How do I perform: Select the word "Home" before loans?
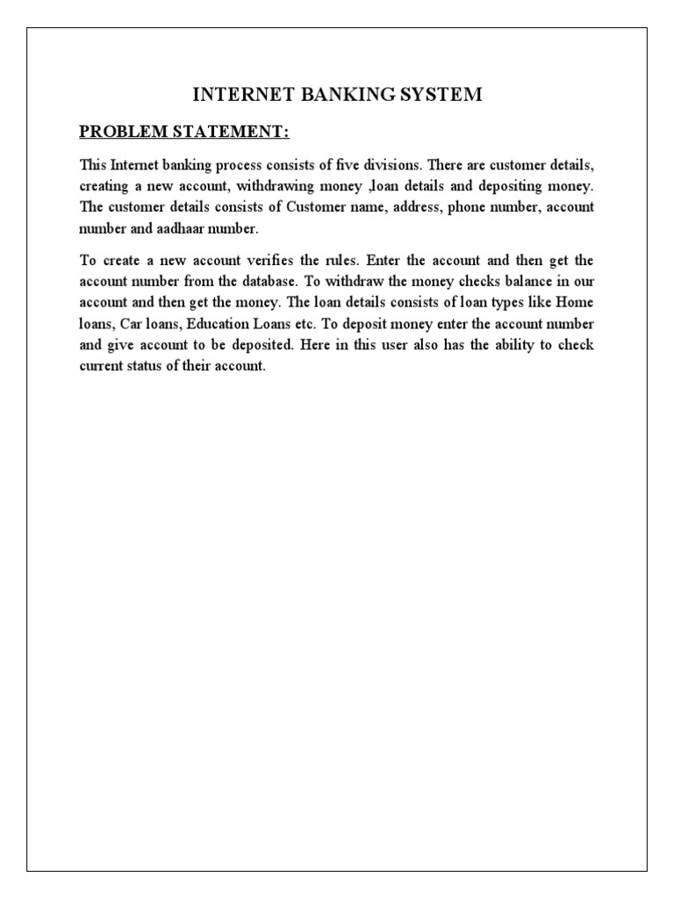click(x=575, y=304)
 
